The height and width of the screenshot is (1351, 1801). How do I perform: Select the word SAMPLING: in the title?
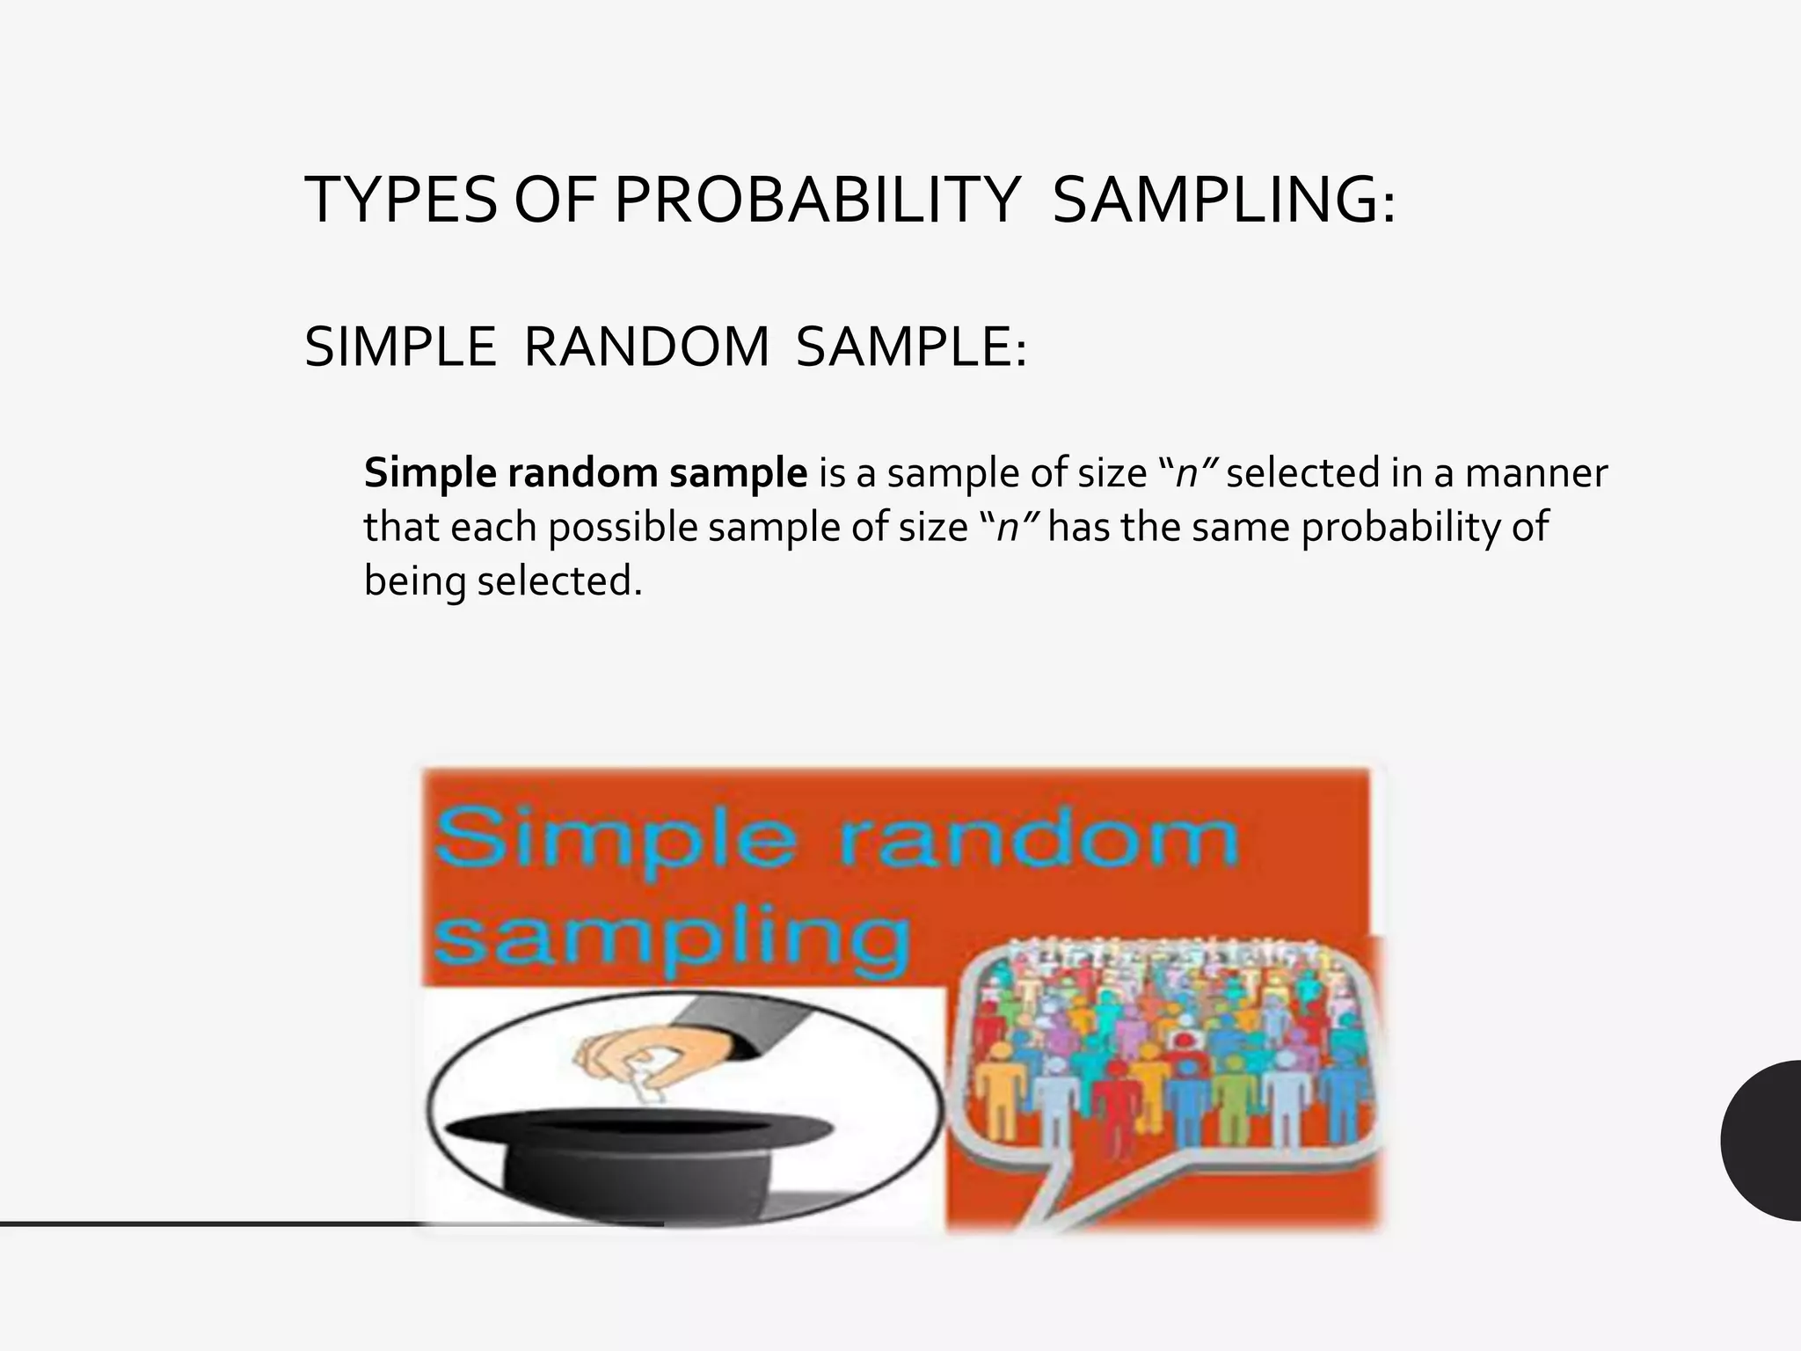[1223, 201]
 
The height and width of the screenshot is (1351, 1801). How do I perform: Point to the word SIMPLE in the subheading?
[400, 347]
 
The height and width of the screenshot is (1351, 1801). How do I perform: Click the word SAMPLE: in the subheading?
[911, 347]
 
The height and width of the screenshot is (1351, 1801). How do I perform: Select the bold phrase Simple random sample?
[585, 473]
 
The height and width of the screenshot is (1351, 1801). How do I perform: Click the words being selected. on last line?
[503, 581]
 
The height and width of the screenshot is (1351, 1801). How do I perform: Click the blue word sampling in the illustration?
[673, 939]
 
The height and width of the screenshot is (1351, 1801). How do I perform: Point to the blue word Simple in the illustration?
[616, 840]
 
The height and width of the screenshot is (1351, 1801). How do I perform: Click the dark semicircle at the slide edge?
[1763, 1140]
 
